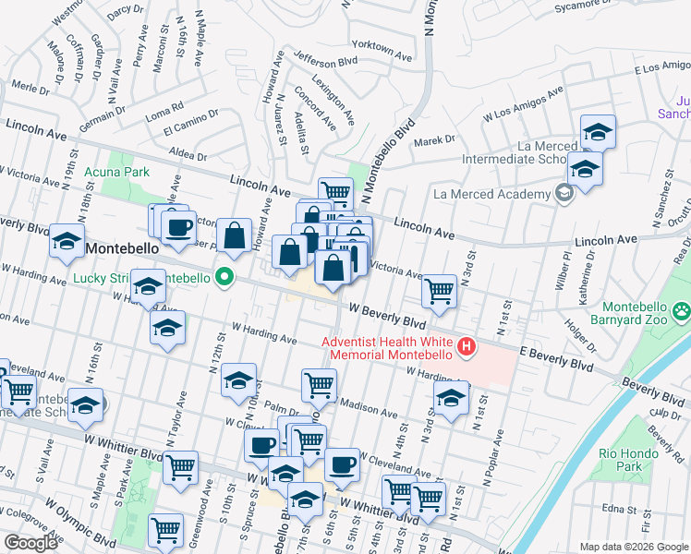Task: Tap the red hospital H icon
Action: tap(467, 347)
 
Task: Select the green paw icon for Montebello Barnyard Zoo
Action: tap(682, 311)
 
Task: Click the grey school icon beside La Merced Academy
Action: tap(562, 194)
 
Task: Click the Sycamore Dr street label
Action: tap(585, 6)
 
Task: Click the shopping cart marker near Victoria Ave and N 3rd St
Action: tap(439, 291)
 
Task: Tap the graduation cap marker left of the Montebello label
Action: tap(67, 242)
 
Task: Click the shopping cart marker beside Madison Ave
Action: tap(319, 384)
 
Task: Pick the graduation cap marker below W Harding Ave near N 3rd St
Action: tap(450, 399)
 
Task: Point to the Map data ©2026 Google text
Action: tap(633, 547)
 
